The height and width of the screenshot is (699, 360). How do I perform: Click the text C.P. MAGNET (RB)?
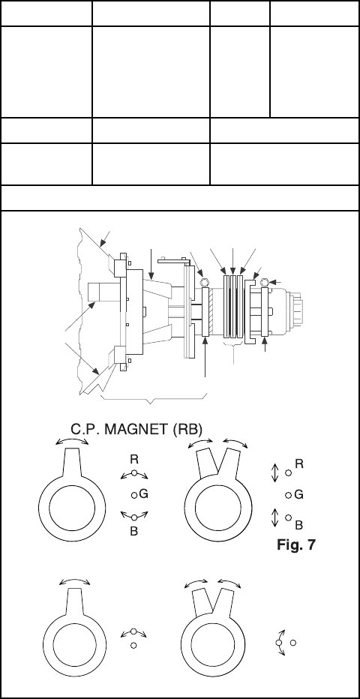click(x=136, y=429)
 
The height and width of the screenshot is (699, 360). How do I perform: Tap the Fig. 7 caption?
click(x=295, y=544)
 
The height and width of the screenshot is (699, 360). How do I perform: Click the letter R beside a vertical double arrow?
click(x=299, y=464)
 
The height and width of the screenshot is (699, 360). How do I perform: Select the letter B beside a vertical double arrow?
click(x=299, y=525)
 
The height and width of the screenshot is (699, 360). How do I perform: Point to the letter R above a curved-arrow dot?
click(x=134, y=459)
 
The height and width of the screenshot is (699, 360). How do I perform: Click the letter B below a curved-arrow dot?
click(x=133, y=532)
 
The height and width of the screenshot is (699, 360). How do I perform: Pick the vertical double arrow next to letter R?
click(x=275, y=473)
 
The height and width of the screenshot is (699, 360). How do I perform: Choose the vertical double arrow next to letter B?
click(x=275, y=517)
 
